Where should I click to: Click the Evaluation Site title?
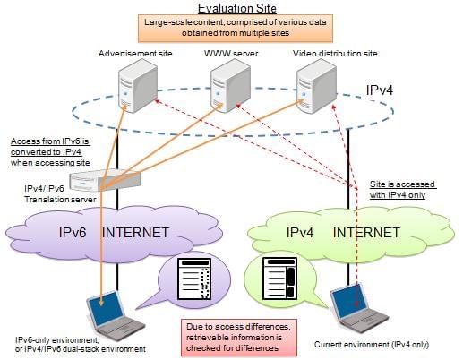[x=237, y=8]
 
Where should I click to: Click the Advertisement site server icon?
[x=138, y=85]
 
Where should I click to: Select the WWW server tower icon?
[x=230, y=86]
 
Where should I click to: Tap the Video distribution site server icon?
[x=317, y=86]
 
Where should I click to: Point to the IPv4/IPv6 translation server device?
[x=105, y=181]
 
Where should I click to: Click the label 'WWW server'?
[x=231, y=54]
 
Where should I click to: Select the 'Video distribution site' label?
[x=335, y=54]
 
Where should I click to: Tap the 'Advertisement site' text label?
[x=135, y=54]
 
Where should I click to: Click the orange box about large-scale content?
[x=236, y=28]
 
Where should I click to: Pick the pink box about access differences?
[x=239, y=338]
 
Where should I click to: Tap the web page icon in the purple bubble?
[x=194, y=279]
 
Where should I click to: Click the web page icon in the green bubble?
[x=279, y=279]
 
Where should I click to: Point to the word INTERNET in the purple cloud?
[x=135, y=233]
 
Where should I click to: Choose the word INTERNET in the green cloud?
[x=366, y=233]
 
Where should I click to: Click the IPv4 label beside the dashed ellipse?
[x=380, y=90]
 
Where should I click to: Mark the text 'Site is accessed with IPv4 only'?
[x=403, y=190]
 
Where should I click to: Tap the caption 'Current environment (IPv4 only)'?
[x=372, y=345]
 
